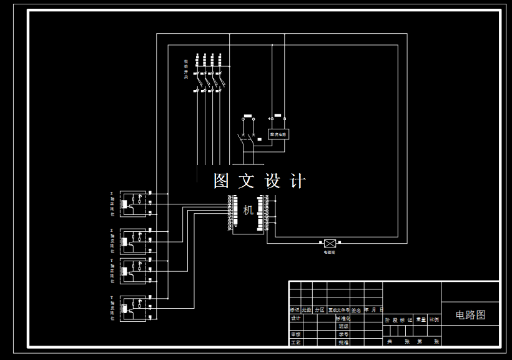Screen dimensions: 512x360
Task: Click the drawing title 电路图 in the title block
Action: click(470, 315)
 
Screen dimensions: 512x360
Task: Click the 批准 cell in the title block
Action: click(343, 342)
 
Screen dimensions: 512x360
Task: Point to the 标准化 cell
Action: click(343, 318)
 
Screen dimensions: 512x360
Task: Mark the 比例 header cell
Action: click(433, 319)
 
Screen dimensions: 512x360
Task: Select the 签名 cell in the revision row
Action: click(356, 310)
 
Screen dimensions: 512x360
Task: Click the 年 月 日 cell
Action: click(373, 310)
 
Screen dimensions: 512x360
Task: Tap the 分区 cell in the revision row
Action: click(320, 310)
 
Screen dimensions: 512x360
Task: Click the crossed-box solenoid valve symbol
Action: click(329, 243)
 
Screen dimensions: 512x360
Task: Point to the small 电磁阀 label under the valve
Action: click(329, 252)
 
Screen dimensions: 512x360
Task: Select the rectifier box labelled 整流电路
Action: click(278, 134)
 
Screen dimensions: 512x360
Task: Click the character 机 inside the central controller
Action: click(249, 210)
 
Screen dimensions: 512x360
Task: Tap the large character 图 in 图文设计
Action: click(222, 181)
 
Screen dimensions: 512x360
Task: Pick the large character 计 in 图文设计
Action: click(298, 181)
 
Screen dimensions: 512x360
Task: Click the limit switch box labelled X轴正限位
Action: click(132, 203)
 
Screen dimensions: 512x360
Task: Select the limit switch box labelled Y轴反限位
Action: click(132, 308)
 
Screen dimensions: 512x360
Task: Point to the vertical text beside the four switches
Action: click(185, 69)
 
